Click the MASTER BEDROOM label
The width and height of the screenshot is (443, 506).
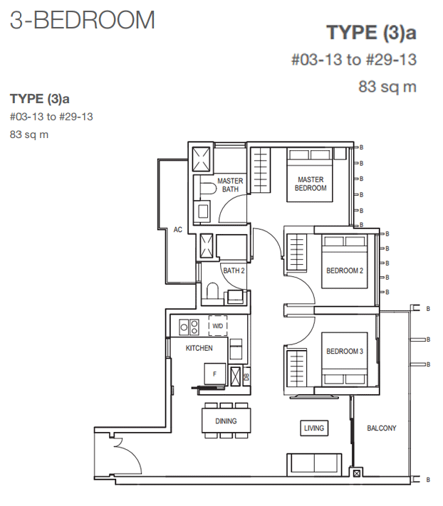[x=311, y=184]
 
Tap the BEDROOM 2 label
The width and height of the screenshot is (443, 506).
[x=345, y=270]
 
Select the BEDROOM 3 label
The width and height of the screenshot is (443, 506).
[x=345, y=351]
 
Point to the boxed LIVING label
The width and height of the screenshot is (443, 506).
[x=314, y=428]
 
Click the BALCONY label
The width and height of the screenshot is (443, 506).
[x=381, y=428]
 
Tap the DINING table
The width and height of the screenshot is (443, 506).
[x=226, y=421]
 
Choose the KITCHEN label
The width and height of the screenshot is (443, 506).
[x=199, y=348]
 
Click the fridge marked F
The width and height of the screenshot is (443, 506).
[x=214, y=374]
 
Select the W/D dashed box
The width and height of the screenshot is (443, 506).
[x=218, y=326]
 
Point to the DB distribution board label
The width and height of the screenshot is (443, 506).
[x=246, y=376]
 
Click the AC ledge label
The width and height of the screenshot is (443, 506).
[x=177, y=230]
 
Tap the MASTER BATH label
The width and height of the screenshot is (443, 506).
[x=230, y=185]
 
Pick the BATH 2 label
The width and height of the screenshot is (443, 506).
[x=234, y=270]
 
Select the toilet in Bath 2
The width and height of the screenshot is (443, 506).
[x=212, y=291]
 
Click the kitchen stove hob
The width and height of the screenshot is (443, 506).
[x=189, y=327]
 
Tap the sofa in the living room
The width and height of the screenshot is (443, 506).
[x=314, y=464]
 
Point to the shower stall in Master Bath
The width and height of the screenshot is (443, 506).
[x=201, y=159]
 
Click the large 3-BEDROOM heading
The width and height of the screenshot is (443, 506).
[x=83, y=20]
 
